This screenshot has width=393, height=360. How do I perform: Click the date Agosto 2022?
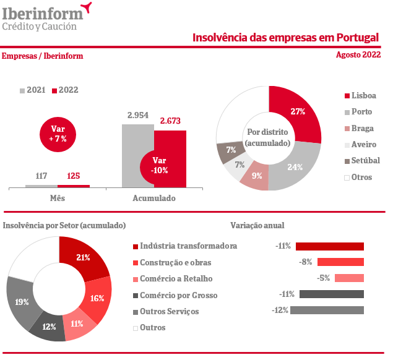tap(358, 55)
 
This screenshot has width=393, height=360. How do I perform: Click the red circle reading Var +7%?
tap(58, 134)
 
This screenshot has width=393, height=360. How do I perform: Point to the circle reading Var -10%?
tap(160, 165)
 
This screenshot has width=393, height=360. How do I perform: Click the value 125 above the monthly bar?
tap(74, 176)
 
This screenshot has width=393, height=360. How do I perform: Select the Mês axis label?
tap(58, 199)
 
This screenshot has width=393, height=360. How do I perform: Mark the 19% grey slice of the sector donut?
tap(22, 302)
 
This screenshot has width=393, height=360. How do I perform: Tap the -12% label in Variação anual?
tap(280, 310)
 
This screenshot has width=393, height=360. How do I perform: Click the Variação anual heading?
tap(257, 226)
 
